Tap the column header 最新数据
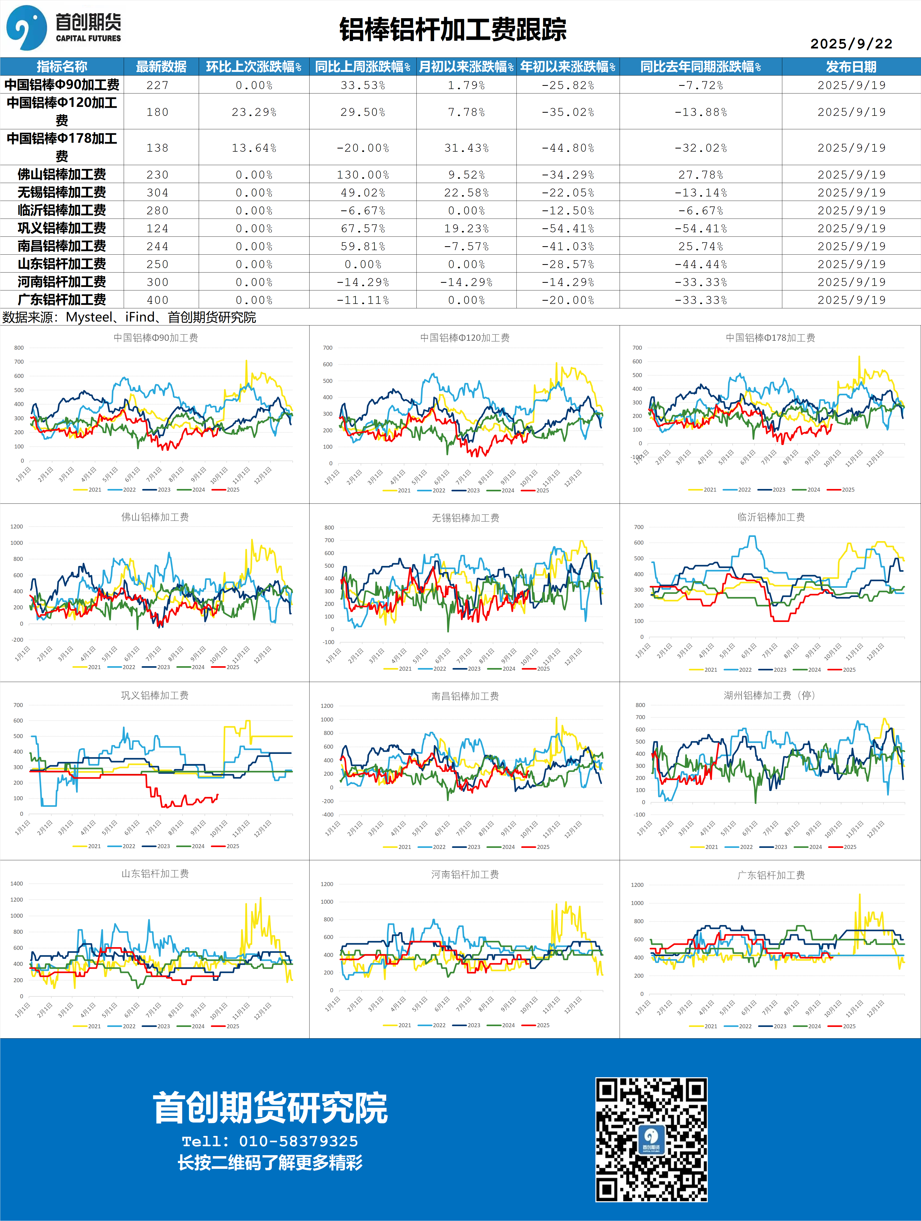[161, 67]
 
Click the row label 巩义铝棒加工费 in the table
[62, 228]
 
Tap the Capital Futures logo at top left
[63, 28]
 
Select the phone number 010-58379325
[298, 1141]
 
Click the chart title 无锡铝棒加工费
[465, 518]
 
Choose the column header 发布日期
[851, 67]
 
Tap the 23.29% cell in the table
[254, 112]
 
